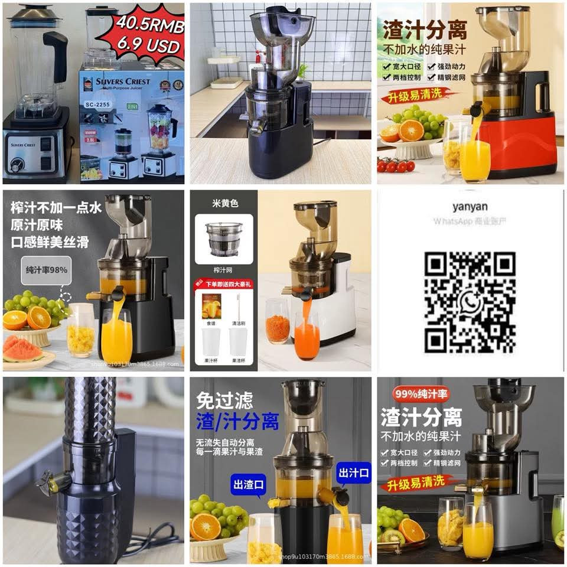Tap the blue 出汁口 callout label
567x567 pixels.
[353, 472]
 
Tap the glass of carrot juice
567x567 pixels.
[307, 337]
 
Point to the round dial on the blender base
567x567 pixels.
[17, 165]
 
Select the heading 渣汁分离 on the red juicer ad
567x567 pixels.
[424, 30]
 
